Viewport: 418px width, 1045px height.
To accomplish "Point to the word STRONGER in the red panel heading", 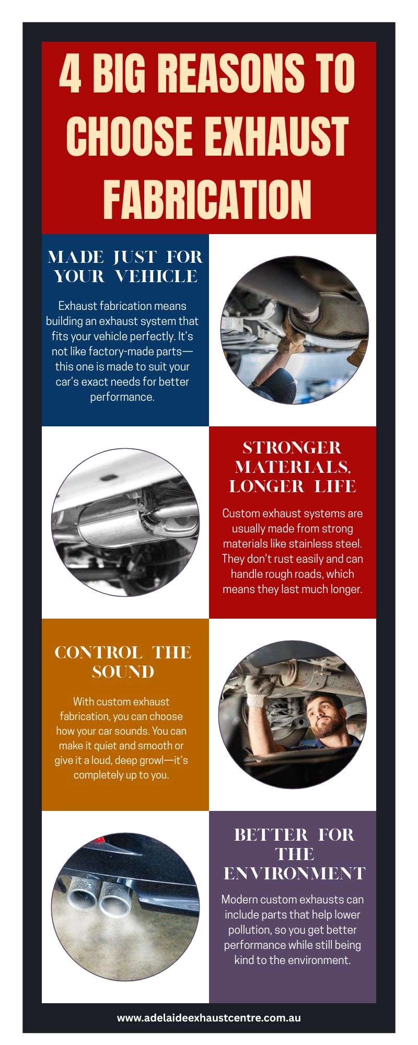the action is (292, 447).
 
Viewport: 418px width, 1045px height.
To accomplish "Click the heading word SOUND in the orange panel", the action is (123, 671).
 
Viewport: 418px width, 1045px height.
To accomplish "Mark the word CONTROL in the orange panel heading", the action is (98, 652).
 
